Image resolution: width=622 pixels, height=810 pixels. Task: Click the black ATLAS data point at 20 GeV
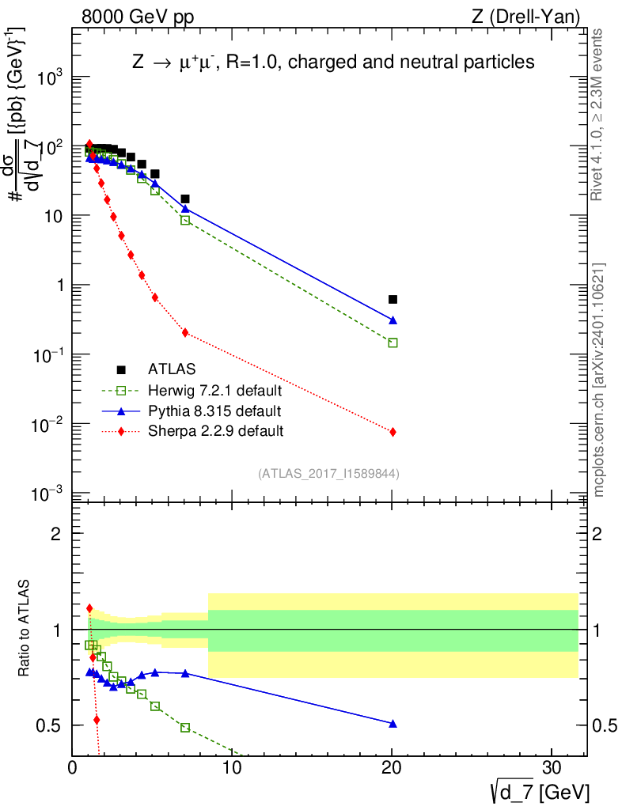[x=393, y=299]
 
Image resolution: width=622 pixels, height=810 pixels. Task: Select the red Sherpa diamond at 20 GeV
[x=393, y=432]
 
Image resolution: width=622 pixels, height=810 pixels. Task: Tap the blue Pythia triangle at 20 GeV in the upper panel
[x=393, y=320]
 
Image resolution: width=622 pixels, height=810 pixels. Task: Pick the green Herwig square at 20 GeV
[x=393, y=343]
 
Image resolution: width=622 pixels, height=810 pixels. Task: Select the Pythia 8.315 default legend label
[x=214, y=411]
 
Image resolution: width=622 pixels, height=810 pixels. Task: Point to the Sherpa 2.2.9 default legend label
[x=215, y=431]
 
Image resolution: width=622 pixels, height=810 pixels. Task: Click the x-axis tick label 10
[x=233, y=768]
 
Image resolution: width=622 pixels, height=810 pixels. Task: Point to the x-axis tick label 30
[x=552, y=768]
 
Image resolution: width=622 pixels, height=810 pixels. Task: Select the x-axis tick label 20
[x=393, y=768]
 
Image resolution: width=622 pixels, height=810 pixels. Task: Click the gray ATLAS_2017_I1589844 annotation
[x=328, y=474]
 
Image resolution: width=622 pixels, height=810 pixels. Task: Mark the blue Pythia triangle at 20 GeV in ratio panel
[x=393, y=723]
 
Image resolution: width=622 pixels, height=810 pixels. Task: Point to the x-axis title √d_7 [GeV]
[x=537, y=791]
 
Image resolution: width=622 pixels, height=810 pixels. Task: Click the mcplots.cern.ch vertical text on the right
[x=600, y=380]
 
